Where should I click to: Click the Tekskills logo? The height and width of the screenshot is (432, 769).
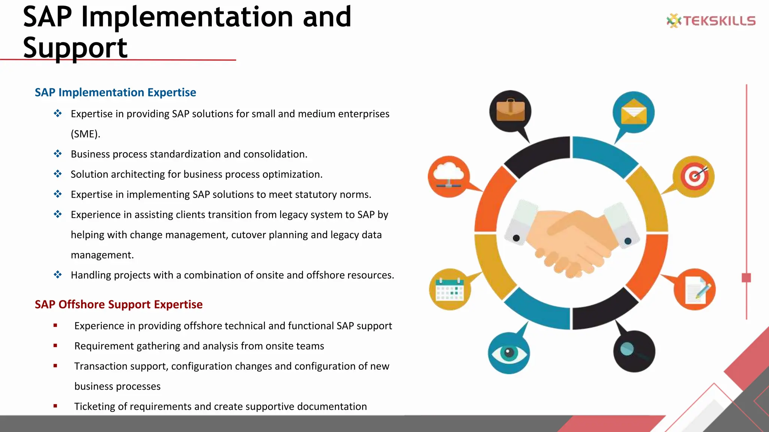tap(711, 21)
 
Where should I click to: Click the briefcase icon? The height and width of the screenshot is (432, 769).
tap(510, 111)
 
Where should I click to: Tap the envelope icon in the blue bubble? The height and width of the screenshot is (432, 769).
tap(633, 112)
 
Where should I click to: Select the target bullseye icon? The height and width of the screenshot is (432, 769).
tap(694, 176)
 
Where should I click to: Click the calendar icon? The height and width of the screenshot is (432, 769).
tap(449, 289)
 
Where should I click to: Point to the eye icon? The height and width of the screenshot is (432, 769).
tap(509, 352)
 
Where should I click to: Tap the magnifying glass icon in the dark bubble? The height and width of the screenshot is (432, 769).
tap(634, 351)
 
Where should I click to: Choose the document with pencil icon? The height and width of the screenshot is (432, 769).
tap(695, 289)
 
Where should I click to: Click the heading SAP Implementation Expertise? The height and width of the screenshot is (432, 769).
tap(115, 92)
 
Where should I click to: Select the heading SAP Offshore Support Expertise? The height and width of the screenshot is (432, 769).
tap(118, 304)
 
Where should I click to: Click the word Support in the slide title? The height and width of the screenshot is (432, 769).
tap(75, 48)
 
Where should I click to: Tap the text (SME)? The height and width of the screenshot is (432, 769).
tap(85, 134)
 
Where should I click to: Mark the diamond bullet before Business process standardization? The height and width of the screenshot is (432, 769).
tap(57, 154)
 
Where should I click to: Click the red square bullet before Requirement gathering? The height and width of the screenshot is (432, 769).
tap(55, 346)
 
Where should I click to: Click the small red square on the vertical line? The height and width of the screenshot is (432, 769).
tap(746, 278)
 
